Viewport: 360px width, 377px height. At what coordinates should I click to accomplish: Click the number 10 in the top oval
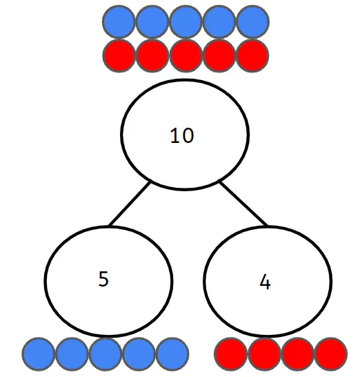pyautogui.click(x=182, y=135)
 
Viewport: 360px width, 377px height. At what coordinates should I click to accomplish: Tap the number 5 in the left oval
pyautogui.click(x=103, y=279)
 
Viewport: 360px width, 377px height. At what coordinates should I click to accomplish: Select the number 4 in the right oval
pyautogui.click(x=265, y=282)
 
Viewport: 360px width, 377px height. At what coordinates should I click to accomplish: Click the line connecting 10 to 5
pyautogui.click(x=130, y=204)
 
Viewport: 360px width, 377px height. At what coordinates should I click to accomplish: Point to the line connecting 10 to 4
pyautogui.click(x=243, y=204)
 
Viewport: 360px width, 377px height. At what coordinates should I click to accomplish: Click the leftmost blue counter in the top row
pyautogui.click(x=119, y=21)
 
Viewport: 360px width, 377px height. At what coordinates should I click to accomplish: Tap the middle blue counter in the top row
pyautogui.click(x=186, y=21)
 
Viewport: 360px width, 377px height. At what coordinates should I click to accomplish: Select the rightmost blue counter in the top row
pyautogui.click(x=252, y=21)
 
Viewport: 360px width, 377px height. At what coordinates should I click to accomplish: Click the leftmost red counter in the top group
pyautogui.click(x=119, y=55)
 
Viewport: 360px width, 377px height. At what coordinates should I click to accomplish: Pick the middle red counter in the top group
pyautogui.click(x=186, y=55)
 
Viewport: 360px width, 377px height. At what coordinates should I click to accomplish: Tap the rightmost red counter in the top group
pyautogui.click(x=252, y=55)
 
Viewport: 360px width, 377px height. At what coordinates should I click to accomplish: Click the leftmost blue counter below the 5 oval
pyautogui.click(x=39, y=354)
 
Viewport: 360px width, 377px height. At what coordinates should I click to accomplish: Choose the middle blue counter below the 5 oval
pyautogui.click(x=106, y=354)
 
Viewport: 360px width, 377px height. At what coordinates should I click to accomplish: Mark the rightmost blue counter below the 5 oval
pyautogui.click(x=172, y=354)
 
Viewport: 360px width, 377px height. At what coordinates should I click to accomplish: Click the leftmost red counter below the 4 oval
pyautogui.click(x=230, y=354)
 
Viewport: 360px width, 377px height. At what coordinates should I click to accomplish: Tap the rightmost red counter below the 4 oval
pyautogui.click(x=331, y=354)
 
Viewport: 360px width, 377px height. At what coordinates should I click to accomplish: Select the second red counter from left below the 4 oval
pyautogui.click(x=264, y=354)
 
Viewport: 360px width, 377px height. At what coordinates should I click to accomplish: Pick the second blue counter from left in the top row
pyautogui.click(x=152, y=21)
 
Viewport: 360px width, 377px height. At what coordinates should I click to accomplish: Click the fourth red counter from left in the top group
pyautogui.click(x=219, y=55)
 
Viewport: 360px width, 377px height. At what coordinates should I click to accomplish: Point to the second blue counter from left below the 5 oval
pyautogui.click(x=72, y=354)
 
